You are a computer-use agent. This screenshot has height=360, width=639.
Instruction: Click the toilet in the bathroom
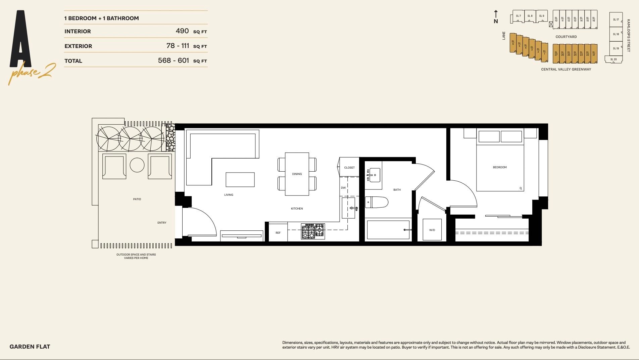tap(377, 202)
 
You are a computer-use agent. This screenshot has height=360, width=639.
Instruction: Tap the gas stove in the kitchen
tap(313, 231)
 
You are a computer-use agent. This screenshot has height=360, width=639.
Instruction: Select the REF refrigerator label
tap(278, 233)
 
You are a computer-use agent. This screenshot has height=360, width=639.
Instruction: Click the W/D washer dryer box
tap(432, 230)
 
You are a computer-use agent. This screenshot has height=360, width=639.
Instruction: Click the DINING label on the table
tap(297, 174)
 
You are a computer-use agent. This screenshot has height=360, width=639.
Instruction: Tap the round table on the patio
tap(137, 165)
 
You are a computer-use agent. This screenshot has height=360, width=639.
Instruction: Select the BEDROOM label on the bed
tap(499, 167)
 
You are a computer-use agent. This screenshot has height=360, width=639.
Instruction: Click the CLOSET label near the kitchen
tap(349, 168)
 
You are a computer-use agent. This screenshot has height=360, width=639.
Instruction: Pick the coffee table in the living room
tap(240, 180)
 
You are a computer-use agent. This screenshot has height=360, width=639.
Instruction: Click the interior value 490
tap(182, 31)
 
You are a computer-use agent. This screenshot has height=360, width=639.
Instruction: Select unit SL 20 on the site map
tap(613, 59)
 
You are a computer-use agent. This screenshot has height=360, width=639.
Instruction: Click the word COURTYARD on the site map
tap(566, 37)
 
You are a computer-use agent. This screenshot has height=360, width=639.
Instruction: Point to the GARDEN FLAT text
tap(30, 347)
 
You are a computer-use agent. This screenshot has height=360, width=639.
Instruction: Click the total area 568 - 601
tap(174, 60)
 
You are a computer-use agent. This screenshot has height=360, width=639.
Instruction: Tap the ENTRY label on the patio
tap(162, 223)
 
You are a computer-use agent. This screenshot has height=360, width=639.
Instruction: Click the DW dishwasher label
tap(343, 188)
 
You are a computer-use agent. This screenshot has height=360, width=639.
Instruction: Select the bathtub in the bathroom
tap(388, 230)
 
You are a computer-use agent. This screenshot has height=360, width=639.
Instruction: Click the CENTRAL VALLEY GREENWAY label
tap(566, 69)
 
